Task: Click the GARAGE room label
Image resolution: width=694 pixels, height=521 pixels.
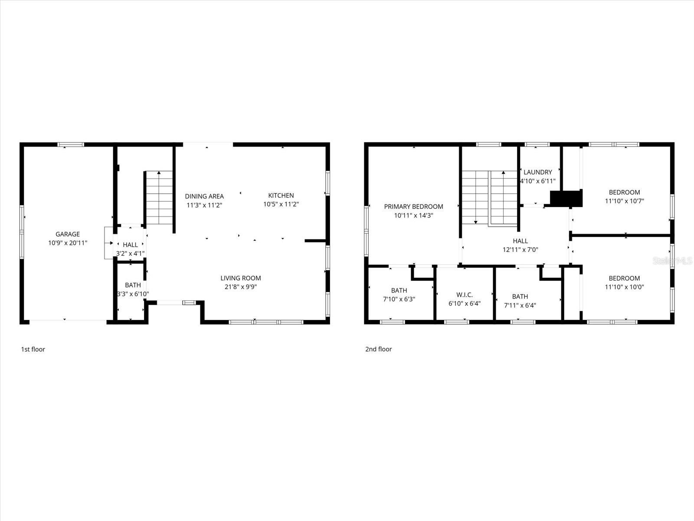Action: (x=67, y=234)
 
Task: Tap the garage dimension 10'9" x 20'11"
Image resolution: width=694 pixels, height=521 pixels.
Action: (x=67, y=243)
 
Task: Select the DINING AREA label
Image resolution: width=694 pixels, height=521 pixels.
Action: (x=204, y=196)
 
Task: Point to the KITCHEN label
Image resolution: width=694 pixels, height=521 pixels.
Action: (x=281, y=195)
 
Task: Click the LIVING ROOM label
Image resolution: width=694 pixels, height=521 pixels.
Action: (x=241, y=278)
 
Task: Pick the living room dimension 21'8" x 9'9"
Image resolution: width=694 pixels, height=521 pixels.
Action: (x=241, y=287)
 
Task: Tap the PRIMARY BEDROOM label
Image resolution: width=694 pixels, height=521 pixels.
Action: (x=413, y=207)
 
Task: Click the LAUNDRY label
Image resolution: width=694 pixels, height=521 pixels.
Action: (x=537, y=172)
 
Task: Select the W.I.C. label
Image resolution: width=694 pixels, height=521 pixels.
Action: (x=464, y=295)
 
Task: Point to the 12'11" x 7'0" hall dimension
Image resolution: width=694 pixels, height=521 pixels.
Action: (x=520, y=250)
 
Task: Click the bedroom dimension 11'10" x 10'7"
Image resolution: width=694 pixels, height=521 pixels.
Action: (x=624, y=201)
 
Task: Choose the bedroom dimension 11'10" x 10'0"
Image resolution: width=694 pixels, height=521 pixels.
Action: (x=624, y=287)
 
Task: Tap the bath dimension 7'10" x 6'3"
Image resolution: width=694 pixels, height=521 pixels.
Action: (x=399, y=299)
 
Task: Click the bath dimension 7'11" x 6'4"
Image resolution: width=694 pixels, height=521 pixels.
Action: (x=520, y=305)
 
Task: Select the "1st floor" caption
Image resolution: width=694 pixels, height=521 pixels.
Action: (x=33, y=349)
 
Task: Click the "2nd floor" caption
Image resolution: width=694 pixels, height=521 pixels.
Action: (x=378, y=349)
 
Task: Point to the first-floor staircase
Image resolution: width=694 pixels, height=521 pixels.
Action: (x=159, y=198)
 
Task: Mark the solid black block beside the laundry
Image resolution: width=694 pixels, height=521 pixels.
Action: (x=566, y=198)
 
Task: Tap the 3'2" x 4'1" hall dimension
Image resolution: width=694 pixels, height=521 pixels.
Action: (x=130, y=253)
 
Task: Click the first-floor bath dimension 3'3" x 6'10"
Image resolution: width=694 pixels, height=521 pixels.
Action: (x=133, y=294)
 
